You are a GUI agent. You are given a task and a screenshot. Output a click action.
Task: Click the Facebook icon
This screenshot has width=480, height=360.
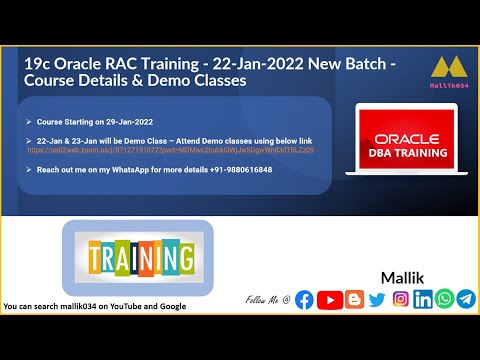305,299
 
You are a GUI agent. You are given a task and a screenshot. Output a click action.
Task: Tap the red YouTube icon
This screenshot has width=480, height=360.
328,299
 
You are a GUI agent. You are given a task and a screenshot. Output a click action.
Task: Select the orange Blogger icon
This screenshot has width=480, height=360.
352,299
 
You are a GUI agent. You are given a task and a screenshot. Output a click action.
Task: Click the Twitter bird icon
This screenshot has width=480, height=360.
376,299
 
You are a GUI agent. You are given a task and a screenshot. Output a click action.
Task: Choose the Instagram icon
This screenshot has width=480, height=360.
400,299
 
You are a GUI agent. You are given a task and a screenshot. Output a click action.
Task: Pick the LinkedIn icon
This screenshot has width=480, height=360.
423,299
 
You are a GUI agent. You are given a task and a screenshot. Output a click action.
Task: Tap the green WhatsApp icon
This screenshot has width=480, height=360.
444,299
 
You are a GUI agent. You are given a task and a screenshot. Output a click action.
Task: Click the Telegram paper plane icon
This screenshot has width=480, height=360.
466,299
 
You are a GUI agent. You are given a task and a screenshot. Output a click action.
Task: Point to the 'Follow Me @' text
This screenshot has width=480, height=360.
267,300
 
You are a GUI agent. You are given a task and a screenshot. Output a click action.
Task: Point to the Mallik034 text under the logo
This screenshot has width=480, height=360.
443,88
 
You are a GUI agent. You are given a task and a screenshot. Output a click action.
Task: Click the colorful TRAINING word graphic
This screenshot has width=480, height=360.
139,258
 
